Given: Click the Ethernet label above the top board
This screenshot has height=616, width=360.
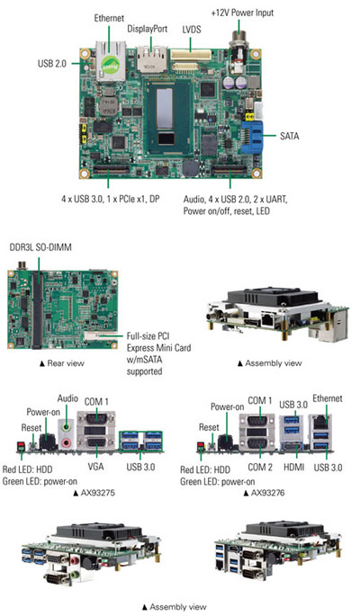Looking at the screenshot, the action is coord(109,18).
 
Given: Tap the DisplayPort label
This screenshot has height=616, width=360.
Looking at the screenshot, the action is coord(148,29).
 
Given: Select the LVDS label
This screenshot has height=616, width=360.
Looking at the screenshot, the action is coord(192,30).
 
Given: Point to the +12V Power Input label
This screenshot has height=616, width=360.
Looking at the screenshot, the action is coord(242,13).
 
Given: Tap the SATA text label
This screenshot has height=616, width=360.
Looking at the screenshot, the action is coord(290,136).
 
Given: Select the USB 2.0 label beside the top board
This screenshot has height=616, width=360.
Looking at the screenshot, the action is coord(52,63).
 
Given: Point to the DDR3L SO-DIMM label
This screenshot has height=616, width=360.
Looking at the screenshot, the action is coord(40,248).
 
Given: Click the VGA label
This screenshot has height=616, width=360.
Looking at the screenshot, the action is coord(96,467).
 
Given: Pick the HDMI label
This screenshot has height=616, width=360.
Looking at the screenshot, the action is coord(294,467).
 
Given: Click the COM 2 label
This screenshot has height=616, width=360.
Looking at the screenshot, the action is coord(260,467).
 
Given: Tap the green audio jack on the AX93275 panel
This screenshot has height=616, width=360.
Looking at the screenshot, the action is coord(67,425).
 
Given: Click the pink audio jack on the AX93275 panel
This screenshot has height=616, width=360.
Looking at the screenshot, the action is coord(67,442).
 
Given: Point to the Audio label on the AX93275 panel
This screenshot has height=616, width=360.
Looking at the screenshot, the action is coord(67,398).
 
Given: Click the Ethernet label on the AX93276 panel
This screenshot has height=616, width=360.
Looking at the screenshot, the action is coord(328,398).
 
